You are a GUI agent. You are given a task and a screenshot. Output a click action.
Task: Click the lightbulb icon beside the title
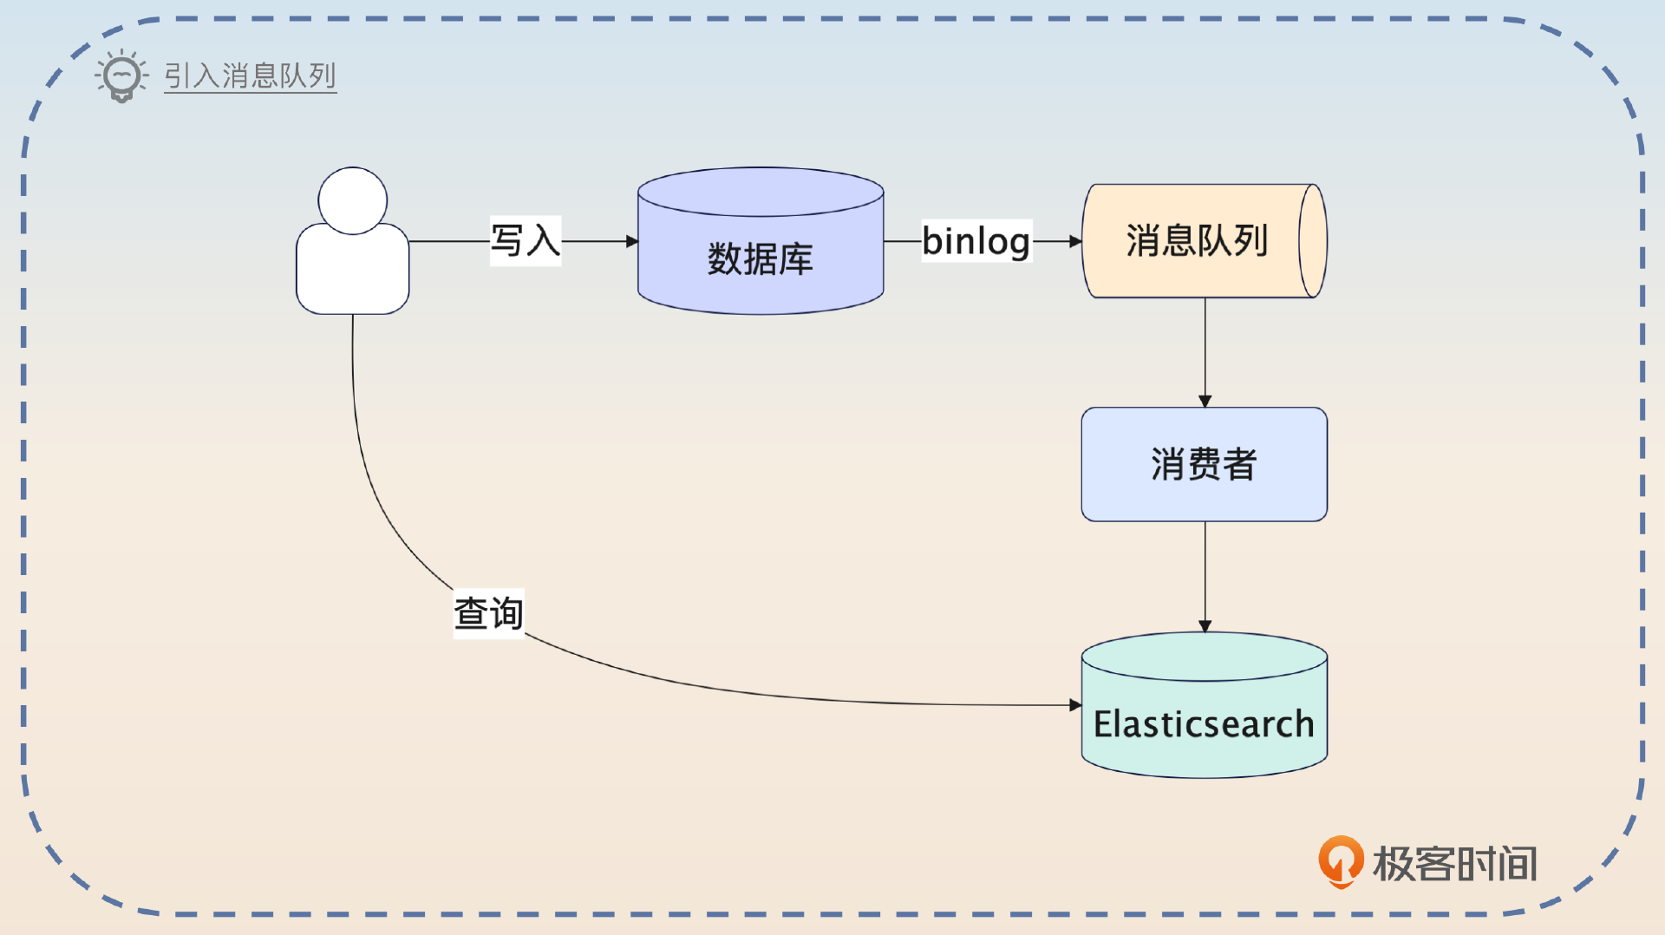121,76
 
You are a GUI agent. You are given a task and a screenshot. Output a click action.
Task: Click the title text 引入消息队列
250,76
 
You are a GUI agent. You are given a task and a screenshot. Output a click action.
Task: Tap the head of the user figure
352,200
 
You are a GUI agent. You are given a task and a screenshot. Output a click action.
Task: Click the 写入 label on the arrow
526,241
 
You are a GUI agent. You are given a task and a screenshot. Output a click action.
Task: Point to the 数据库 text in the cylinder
761,259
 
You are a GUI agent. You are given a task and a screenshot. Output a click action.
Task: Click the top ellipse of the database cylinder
761,191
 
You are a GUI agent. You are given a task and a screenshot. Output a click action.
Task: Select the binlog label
976,241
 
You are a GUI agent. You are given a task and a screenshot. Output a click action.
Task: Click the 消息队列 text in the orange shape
1197,241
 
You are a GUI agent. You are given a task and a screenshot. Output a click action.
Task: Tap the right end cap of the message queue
1313,241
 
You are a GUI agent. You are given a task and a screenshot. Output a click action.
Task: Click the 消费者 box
1204,464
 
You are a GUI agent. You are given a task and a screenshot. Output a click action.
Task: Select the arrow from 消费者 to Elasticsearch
1205,576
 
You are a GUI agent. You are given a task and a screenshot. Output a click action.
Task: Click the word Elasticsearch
1204,724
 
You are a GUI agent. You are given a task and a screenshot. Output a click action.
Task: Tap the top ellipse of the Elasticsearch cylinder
1204,657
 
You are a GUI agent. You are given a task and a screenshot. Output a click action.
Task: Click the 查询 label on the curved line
488,613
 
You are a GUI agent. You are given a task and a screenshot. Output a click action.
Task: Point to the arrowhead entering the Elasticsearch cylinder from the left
1075,705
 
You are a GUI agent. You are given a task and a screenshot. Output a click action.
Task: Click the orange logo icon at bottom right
1341,861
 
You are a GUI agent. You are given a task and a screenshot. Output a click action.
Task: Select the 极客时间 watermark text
1455,864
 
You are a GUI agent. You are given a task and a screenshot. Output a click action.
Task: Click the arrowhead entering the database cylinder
632,241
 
